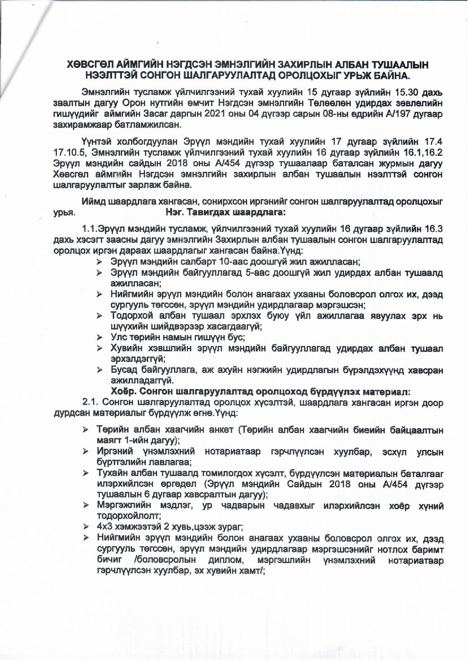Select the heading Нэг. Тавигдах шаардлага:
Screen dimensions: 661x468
point(226,212)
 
